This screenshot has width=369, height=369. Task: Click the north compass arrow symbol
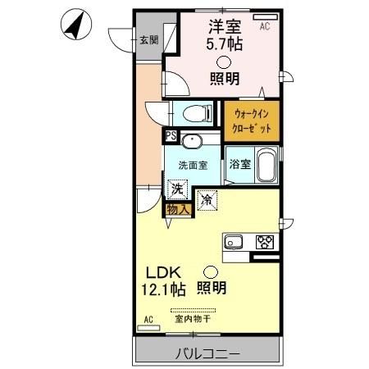[75, 25]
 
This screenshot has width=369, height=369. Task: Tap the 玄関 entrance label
[148, 41]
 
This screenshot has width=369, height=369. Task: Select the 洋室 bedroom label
[223, 27]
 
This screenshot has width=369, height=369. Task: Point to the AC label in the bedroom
[264, 26]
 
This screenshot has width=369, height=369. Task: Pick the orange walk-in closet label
[253, 120]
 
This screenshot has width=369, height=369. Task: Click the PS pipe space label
[171, 137]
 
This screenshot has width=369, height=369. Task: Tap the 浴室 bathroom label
[239, 164]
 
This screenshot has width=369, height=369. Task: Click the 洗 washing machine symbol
[176, 189]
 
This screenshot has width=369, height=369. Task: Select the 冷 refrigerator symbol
[207, 198]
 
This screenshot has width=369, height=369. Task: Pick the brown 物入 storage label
[178, 209]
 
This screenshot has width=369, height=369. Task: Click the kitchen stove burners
[264, 242]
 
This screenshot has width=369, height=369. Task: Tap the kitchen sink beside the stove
[233, 242]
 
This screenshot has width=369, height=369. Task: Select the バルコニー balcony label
[206, 354]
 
